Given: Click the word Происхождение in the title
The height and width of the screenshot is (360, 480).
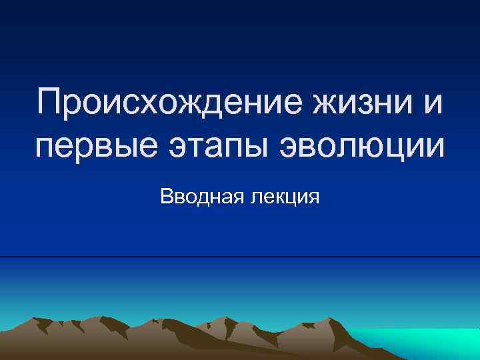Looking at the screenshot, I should pos(172,105).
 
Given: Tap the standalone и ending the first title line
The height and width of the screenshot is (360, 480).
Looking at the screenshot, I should pos(433,106).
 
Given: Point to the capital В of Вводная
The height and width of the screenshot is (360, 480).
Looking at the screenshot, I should pos(167,197).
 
